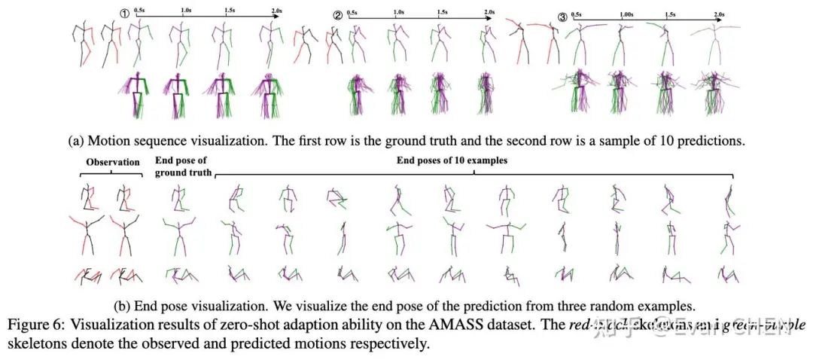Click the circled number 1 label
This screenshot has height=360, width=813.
point(126,13)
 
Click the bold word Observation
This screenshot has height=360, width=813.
point(113,162)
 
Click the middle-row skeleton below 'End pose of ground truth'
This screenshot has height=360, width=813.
point(178,235)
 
